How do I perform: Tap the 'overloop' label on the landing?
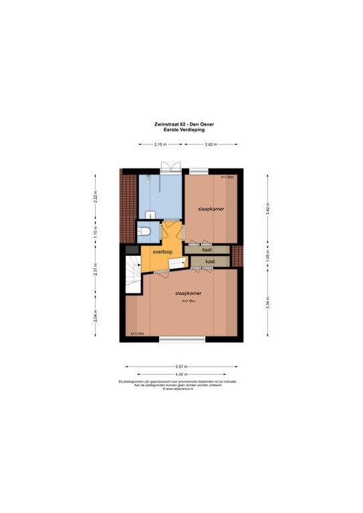coord(162,252)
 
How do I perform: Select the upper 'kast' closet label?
coord(207,249)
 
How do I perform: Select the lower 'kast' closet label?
coord(209,261)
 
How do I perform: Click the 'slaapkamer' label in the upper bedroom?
coord(211,209)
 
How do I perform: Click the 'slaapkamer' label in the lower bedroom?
coord(189,293)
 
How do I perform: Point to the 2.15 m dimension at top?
coord(160,144)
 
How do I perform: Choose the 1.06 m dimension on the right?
coord(267,255)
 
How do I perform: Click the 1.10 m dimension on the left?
coord(96,234)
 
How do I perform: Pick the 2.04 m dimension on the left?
coord(96,314)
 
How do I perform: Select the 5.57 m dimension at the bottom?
coord(181,367)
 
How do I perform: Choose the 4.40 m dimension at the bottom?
coord(181,374)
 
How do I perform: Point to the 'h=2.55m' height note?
coord(189,301)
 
